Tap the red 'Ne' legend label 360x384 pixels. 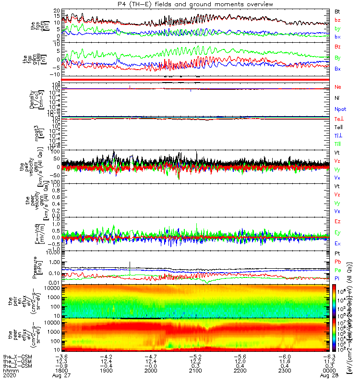(x=337, y=87)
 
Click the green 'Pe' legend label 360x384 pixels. (x=337, y=270)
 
